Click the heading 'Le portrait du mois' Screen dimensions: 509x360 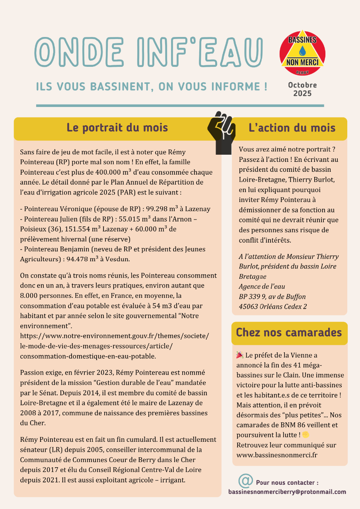click(x=117, y=128)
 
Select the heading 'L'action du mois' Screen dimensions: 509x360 click(x=292, y=128)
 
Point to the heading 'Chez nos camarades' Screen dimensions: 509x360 click(x=289, y=332)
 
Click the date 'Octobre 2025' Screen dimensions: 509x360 click(x=302, y=89)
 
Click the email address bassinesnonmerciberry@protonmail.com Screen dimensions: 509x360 click(x=287, y=492)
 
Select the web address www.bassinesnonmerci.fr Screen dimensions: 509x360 click(x=277, y=455)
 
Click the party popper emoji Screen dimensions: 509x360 click(x=240, y=355)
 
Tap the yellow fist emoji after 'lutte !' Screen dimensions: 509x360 click(x=306, y=434)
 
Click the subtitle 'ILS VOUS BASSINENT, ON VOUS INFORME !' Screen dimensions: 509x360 click(x=152, y=86)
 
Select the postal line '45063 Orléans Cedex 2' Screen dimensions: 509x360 click(x=273, y=307)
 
